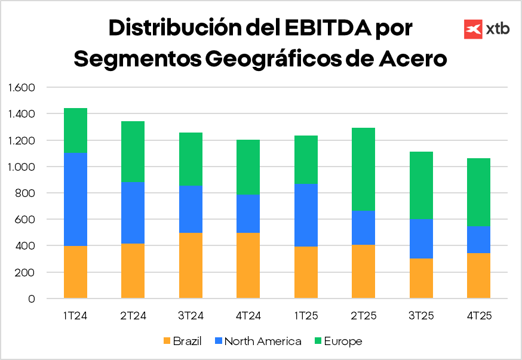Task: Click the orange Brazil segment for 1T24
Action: pyautogui.click(x=75, y=272)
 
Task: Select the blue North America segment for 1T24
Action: pyautogui.click(x=75, y=199)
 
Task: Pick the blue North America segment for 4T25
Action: pyautogui.click(x=478, y=239)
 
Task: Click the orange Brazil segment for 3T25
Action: pyautogui.click(x=421, y=278)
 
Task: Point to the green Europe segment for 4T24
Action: pyautogui.click(x=248, y=167)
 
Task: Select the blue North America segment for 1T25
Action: pyautogui.click(x=306, y=215)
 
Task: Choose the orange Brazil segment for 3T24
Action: pyautogui.click(x=191, y=265)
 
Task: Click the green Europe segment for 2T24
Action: pyautogui.click(x=133, y=152)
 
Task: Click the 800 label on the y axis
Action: pyautogui.click(x=27, y=193)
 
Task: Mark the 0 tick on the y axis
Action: pyautogui.click(x=32, y=299)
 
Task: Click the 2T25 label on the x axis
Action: pyautogui.click(x=363, y=316)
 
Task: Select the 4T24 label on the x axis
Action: pyautogui.click(x=248, y=316)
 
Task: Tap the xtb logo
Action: pyautogui.click(x=487, y=29)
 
